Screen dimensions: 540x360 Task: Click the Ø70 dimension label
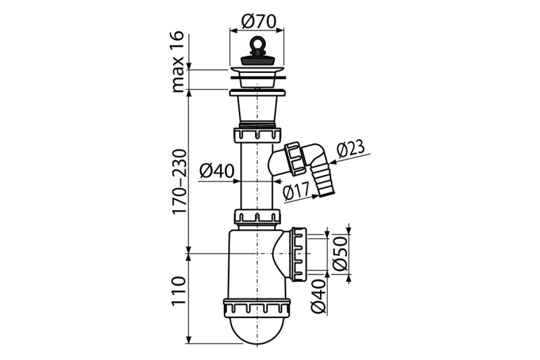[x=259, y=22]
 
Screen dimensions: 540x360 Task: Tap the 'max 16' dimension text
[x=178, y=62]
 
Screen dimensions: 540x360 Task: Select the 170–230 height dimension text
[x=180, y=182]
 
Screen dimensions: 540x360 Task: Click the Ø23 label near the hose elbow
[x=350, y=148]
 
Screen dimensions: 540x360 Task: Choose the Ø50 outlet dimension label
[x=340, y=254]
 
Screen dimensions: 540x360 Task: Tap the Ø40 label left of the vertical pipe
[x=217, y=170]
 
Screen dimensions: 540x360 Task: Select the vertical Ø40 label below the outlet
[x=319, y=296]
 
